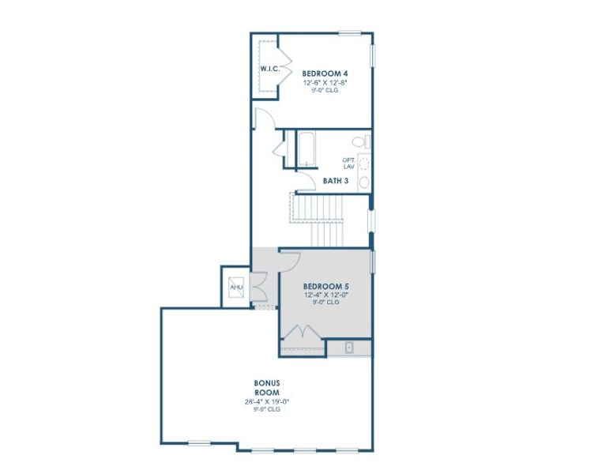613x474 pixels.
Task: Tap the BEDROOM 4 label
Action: tap(324, 73)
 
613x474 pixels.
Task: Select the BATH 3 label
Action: tap(336, 181)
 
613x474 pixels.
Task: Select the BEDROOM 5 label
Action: tap(325, 285)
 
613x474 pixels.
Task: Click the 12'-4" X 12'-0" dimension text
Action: tap(325, 294)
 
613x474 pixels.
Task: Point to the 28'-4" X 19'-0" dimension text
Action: tap(267, 402)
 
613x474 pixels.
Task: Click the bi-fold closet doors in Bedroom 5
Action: tap(304, 337)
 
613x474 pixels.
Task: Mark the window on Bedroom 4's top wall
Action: tap(350, 33)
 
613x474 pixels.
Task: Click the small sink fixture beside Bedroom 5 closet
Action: tap(348, 346)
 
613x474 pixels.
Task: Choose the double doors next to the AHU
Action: tap(259, 286)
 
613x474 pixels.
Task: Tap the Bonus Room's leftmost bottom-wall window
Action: tap(199, 442)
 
